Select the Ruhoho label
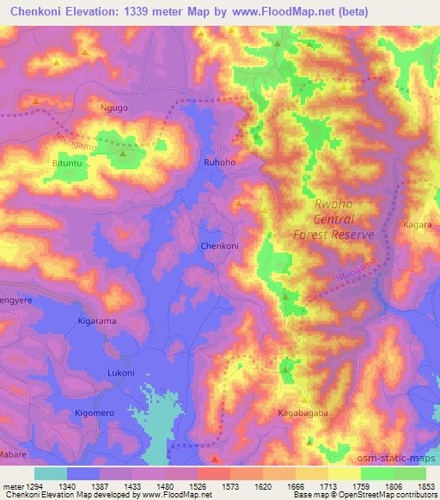219,161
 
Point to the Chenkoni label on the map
219,246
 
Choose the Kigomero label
94,413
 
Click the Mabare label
10,453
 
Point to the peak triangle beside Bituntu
123,154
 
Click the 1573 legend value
213,485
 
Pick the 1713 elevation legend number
333,485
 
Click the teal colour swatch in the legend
51,473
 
